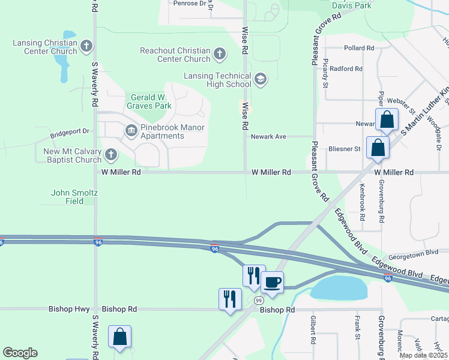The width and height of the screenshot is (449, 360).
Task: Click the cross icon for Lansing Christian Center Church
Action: pyautogui.click(x=87, y=46)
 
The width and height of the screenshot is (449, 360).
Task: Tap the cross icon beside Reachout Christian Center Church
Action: pyautogui.click(x=220, y=55)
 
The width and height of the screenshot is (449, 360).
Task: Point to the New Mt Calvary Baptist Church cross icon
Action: pyautogui.click(x=110, y=155)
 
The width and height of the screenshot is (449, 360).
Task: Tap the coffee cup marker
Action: pyautogui.click(x=272, y=282)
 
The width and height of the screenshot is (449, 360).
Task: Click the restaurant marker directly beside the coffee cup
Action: pyautogui.click(x=254, y=275)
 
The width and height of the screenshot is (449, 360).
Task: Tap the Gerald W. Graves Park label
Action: pyautogui.click(x=148, y=101)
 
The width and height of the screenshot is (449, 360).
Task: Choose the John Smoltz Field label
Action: pyautogui.click(x=74, y=197)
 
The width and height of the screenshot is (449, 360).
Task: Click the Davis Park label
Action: pyautogui.click(x=352, y=5)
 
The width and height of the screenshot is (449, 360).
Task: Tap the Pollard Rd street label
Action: pyautogui.click(x=360, y=47)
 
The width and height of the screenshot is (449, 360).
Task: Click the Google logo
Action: pyautogui.click(x=20, y=353)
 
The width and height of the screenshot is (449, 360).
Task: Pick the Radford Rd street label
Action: pyautogui.click(x=346, y=69)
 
